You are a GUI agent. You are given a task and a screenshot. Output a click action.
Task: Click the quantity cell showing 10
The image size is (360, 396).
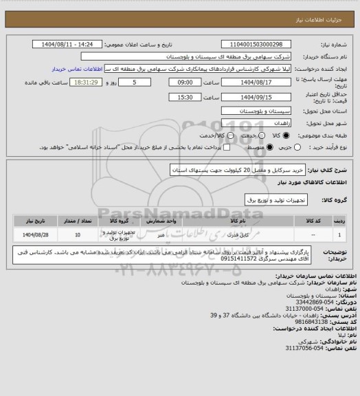coord(77,235)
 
